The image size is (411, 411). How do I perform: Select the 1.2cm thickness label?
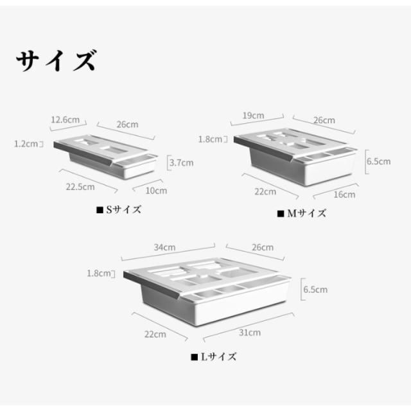(27, 144)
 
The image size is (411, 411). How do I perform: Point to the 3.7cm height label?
(180, 162)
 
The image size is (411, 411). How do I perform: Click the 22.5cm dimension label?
(81, 187)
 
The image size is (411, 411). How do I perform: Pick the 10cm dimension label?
(156, 190)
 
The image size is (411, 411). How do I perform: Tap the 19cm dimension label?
(254, 116)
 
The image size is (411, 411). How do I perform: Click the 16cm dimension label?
(344, 194)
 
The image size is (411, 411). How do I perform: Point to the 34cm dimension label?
(165, 247)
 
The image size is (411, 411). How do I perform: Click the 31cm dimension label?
(250, 332)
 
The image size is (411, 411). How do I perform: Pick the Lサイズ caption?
(214, 356)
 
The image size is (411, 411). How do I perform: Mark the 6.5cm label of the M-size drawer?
(378, 162)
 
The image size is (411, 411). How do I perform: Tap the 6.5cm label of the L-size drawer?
(315, 290)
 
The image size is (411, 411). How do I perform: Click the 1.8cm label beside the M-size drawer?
(211, 139)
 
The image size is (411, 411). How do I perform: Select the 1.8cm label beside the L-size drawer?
(100, 273)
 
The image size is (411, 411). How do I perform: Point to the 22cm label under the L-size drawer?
(155, 334)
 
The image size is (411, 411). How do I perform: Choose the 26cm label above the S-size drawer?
(128, 124)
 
